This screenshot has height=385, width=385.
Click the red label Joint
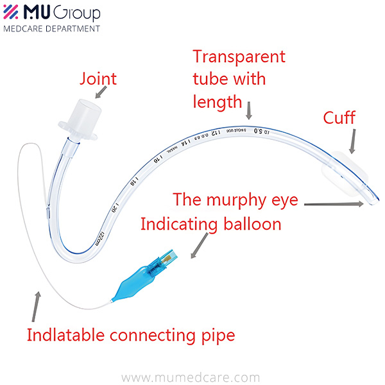point(98,79)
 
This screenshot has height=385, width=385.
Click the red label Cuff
point(339,118)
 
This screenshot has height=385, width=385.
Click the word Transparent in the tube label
point(239,56)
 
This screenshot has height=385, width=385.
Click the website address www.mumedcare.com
point(191,377)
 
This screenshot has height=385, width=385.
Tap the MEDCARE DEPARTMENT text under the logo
point(51,28)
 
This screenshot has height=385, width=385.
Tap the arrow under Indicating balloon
point(198,248)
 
